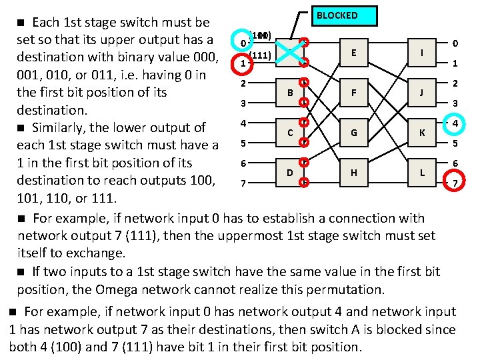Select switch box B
(x=290, y=93)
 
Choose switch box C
(x=290, y=132)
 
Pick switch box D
(x=290, y=173)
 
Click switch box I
(x=421, y=53)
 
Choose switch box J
(x=421, y=93)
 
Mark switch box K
(x=421, y=132)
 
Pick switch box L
(x=421, y=173)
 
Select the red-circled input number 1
(x=244, y=63)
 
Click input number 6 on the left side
(x=244, y=163)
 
